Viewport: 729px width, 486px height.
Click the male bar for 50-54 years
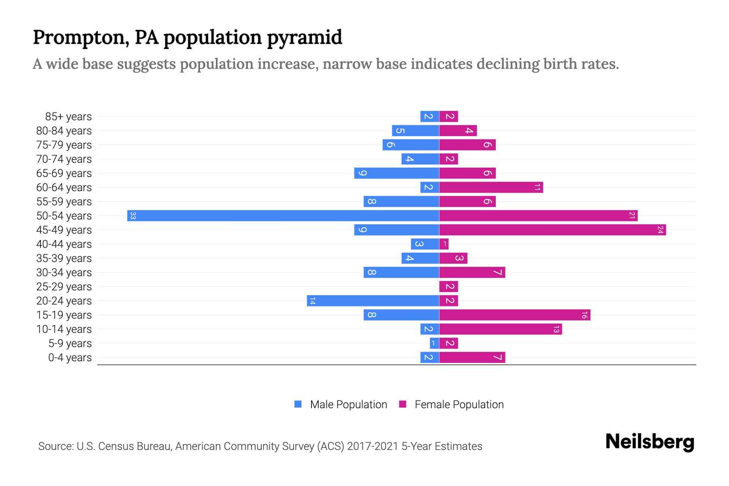[283, 215]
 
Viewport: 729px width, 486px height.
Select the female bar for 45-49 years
[552, 230]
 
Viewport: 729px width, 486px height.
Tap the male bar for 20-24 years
[373, 301]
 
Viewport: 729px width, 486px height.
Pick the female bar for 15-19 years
[514, 315]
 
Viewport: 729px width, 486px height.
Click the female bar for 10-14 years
[500, 329]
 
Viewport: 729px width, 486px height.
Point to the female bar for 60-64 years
[491, 187]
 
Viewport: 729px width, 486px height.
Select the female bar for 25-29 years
[448, 286]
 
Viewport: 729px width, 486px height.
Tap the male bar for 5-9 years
[434, 343]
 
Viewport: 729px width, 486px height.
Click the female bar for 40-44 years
[444, 244]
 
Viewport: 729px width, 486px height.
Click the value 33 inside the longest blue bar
[133, 215]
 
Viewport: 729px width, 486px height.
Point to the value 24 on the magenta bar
[660, 230]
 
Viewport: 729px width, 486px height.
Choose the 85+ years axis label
[68, 117]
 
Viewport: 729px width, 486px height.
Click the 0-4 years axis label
[70, 358]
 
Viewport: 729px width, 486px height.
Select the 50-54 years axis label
[64, 216]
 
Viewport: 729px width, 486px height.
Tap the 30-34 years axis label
[64, 273]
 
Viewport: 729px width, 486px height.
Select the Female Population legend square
[403, 404]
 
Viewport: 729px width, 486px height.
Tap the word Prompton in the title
[78, 37]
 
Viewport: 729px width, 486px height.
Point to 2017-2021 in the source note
[372, 446]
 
